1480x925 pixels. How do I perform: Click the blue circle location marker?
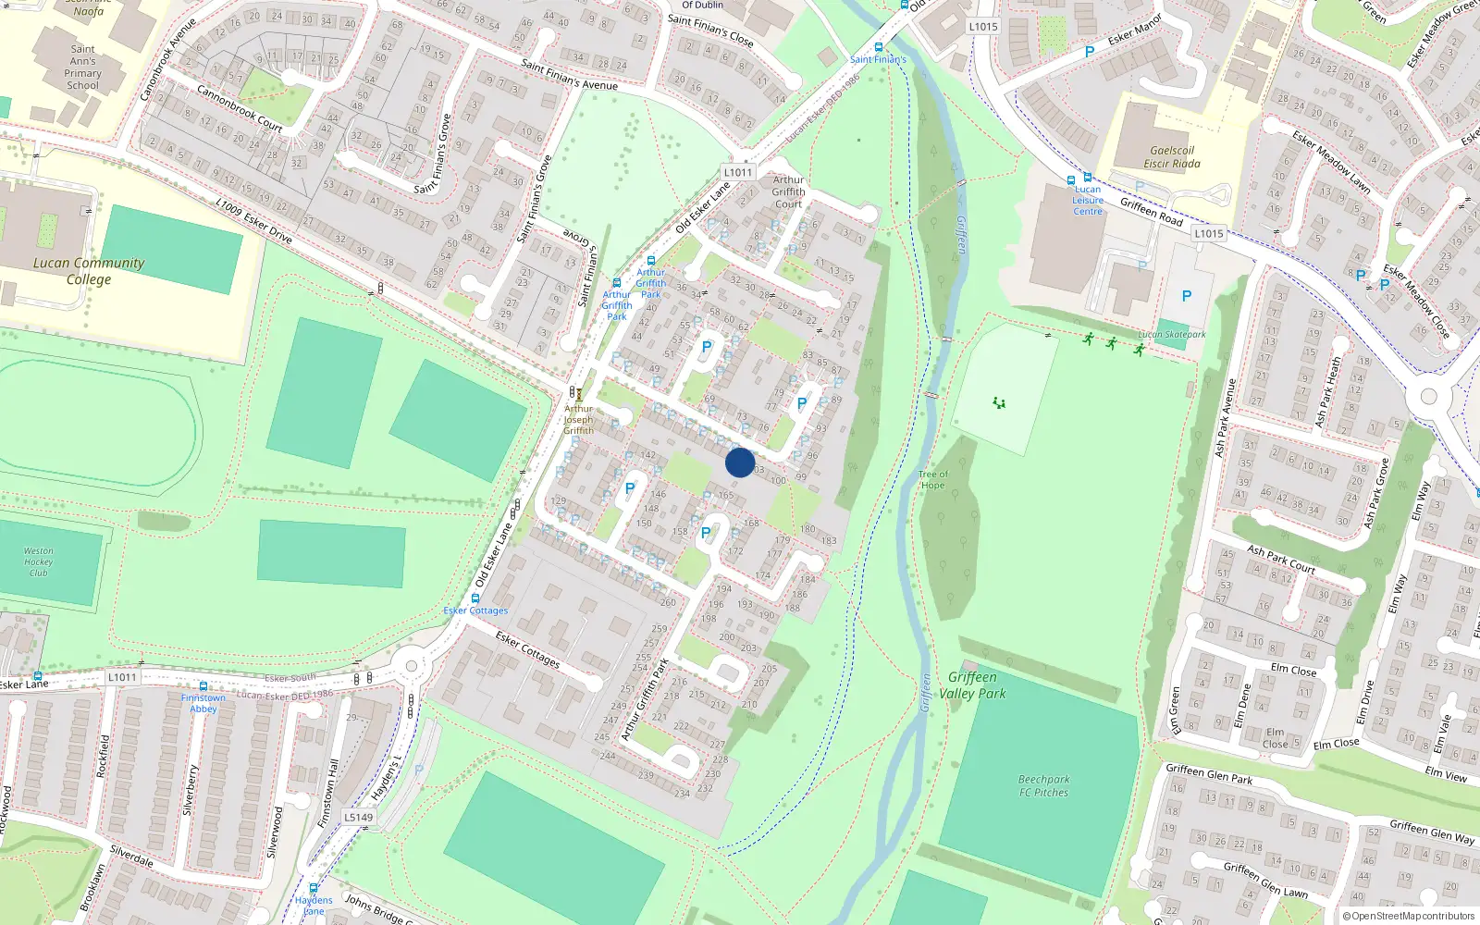[740, 462]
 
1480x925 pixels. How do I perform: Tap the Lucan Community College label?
[89, 271]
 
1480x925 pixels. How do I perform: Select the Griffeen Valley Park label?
[972, 685]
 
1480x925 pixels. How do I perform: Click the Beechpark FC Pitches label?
[1043, 786]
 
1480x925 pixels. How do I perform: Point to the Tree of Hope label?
[932, 479]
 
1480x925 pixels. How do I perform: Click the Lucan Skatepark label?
[1172, 335]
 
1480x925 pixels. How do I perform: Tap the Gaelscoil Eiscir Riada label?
[1172, 157]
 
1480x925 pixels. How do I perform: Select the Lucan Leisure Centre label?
[1088, 201]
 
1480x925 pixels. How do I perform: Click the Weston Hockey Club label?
[38, 561]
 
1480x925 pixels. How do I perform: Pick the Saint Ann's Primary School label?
[83, 68]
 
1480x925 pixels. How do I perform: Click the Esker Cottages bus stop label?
[475, 610]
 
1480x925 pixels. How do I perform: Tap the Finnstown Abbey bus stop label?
[203, 703]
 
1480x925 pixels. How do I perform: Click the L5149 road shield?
[359, 817]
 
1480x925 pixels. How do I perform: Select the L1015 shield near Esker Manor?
[983, 27]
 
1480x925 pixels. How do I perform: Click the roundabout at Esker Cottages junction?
[412, 664]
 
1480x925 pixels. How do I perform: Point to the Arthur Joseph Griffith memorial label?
[579, 419]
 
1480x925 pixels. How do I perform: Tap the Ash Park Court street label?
[1280, 559]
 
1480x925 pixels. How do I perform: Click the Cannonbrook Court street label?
[240, 108]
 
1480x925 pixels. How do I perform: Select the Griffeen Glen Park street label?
[1209, 774]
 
